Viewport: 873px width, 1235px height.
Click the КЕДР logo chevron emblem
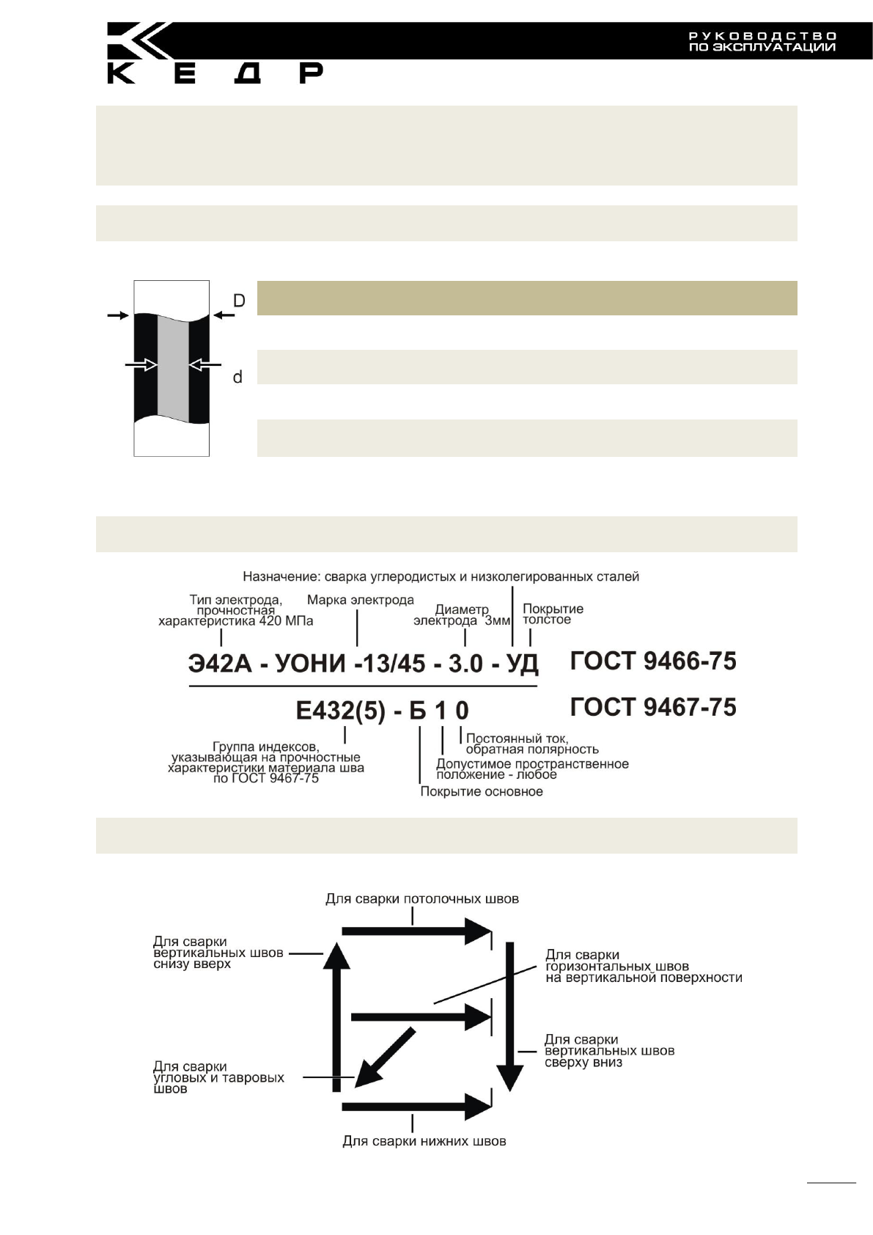tap(139, 41)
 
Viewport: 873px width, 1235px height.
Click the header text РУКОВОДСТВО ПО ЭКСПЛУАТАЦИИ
tap(762, 42)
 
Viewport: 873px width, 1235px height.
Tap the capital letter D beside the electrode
tap(239, 301)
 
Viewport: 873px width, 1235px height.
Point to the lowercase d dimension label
tap(237, 378)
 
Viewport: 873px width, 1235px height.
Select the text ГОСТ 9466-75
tap(653, 661)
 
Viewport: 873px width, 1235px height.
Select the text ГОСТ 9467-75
tap(653, 708)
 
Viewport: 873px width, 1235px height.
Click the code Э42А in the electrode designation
tap(220, 664)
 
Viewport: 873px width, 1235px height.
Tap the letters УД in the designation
tap(522, 664)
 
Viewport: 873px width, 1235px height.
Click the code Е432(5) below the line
tap(341, 711)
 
